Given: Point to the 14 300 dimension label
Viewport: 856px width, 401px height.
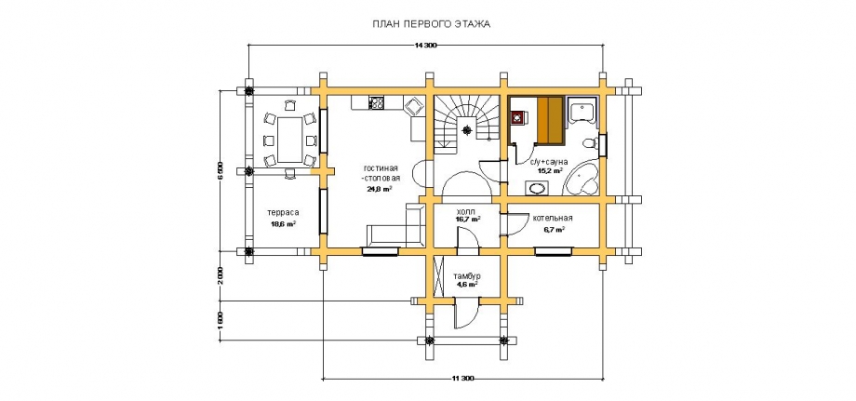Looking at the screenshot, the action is [x=426, y=46].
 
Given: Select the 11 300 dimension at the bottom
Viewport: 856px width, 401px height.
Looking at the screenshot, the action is [x=462, y=378].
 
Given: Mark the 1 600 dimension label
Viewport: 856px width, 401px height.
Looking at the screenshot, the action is [x=220, y=320].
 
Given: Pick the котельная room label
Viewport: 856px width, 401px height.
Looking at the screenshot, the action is [x=554, y=219].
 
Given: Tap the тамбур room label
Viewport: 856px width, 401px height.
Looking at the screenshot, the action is [x=466, y=275].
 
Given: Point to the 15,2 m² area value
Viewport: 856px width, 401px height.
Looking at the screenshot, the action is [x=550, y=171].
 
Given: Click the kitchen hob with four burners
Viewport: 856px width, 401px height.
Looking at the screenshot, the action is [x=376, y=102].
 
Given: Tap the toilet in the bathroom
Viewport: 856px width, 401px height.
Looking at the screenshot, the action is [x=590, y=143].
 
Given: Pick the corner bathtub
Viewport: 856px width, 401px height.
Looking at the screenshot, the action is [x=582, y=180].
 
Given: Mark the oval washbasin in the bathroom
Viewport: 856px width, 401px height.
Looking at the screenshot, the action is [x=537, y=189].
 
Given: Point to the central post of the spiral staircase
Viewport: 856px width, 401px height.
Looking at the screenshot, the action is [x=467, y=130].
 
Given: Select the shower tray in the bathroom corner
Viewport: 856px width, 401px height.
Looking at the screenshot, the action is [x=582, y=110].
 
